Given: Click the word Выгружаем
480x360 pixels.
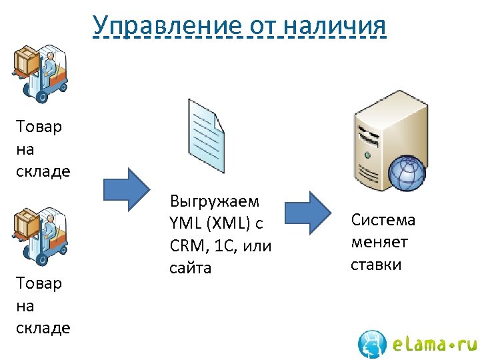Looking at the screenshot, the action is point(215,201).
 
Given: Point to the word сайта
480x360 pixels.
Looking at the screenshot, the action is point(191,268).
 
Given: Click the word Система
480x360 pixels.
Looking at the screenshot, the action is point(383,220).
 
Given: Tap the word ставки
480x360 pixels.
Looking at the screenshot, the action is point(376,264).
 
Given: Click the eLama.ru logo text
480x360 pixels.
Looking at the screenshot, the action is point(433,344).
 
